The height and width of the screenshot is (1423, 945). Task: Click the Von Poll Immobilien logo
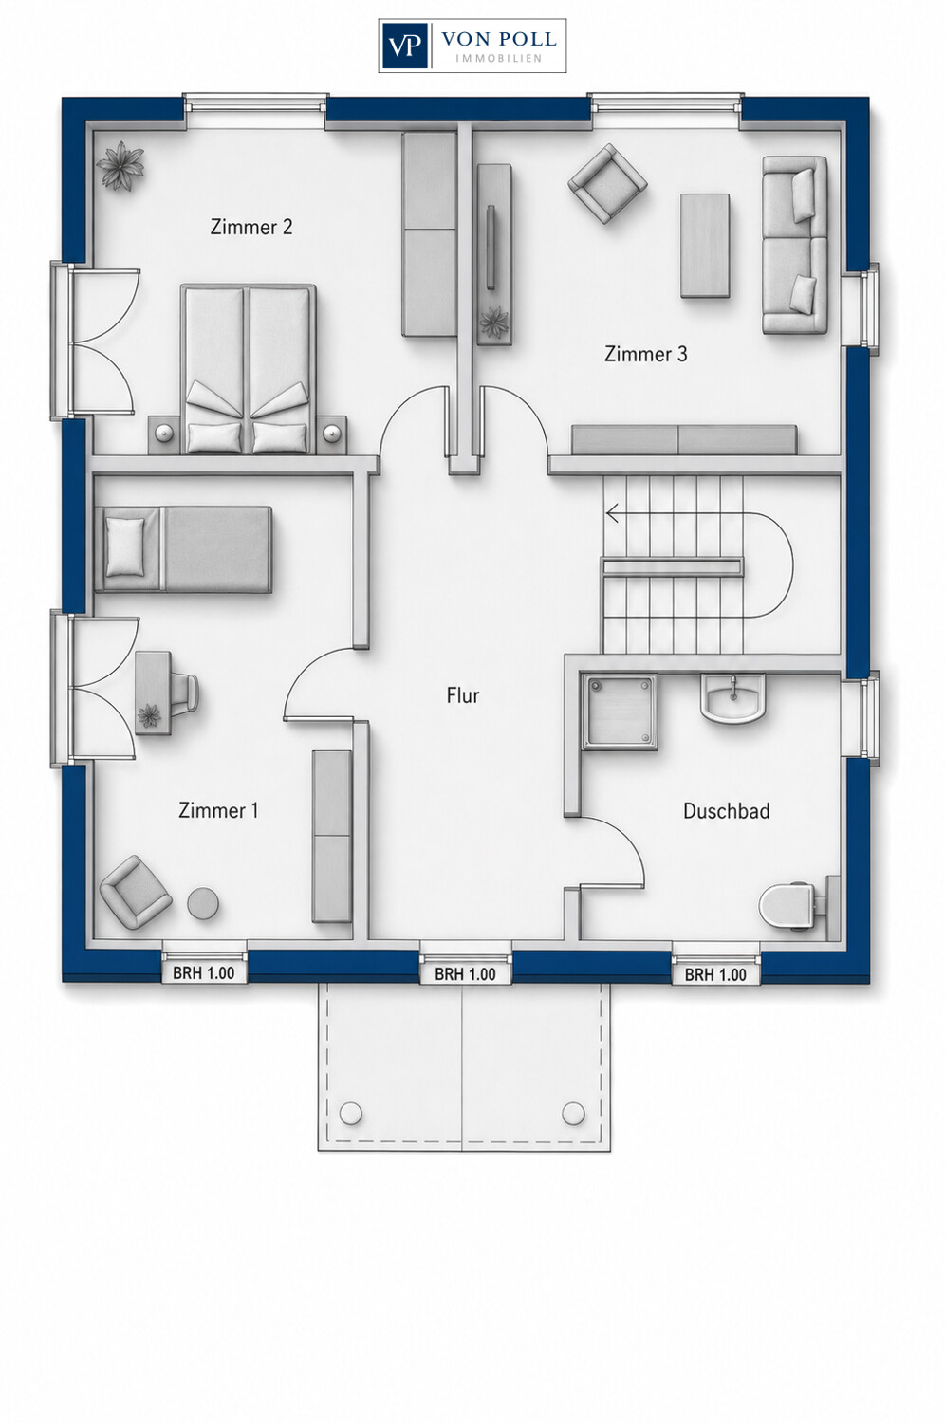click(x=472, y=46)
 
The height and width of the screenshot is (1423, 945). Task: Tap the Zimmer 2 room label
click(x=251, y=227)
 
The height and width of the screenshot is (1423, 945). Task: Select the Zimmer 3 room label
click(x=646, y=354)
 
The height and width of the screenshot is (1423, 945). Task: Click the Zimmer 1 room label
click(x=218, y=810)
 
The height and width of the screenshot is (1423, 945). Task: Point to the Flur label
click(x=463, y=695)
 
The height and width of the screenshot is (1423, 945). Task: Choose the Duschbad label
click(x=727, y=810)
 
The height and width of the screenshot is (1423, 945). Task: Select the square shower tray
click(x=620, y=712)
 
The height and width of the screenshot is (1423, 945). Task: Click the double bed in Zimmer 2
click(x=248, y=369)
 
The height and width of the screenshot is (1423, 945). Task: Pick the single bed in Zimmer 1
click(x=183, y=549)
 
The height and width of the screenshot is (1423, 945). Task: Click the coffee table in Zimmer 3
click(x=705, y=245)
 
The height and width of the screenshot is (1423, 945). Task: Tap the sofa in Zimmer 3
click(x=795, y=245)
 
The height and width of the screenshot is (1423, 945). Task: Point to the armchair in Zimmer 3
click(x=607, y=183)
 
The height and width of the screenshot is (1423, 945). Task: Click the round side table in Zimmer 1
click(x=203, y=902)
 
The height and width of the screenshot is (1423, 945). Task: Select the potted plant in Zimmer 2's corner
click(x=120, y=166)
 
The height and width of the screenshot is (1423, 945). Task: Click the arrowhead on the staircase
click(x=613, y=512)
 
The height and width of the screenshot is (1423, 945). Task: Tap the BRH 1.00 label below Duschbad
click(x=715, y=974)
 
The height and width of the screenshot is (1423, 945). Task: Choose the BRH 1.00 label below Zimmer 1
click(x=203, y=973)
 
